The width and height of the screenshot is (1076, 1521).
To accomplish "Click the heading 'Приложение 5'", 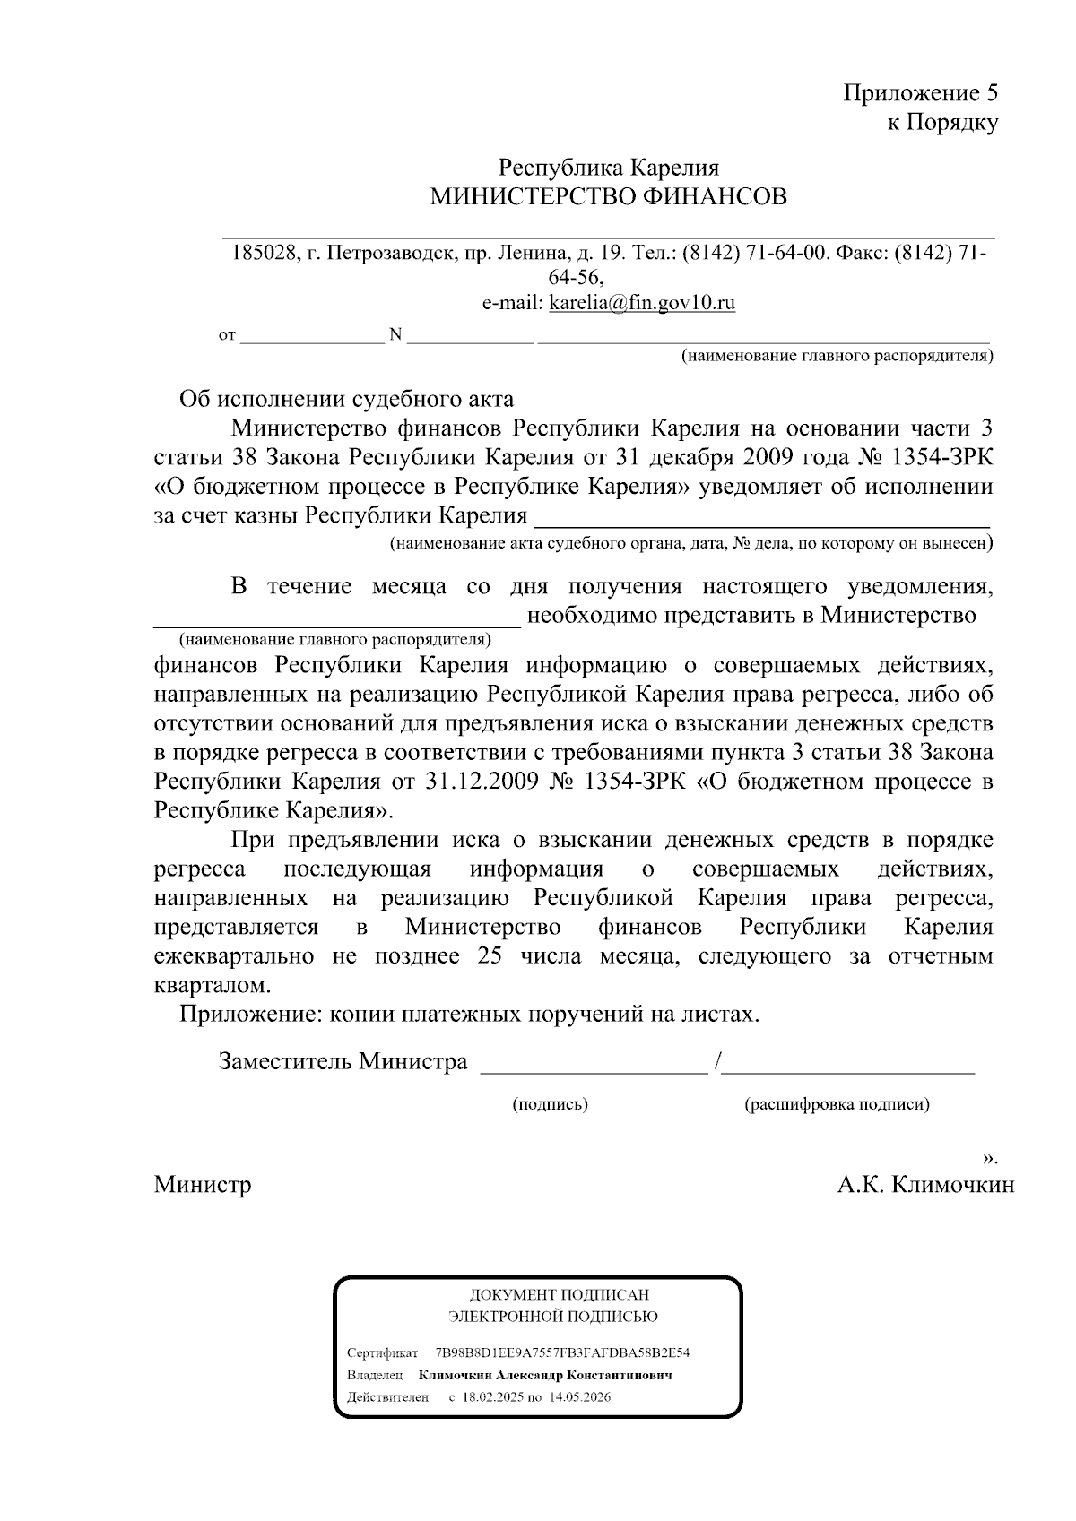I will [920, 93].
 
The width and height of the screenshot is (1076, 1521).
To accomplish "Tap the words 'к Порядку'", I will [942, 123].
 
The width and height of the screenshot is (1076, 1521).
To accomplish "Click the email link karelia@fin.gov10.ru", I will [642, 303].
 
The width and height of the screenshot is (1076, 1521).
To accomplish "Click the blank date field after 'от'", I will [311, 336].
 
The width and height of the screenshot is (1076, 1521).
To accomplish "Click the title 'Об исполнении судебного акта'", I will [346, 399].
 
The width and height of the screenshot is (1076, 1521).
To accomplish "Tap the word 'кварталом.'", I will [212, 986].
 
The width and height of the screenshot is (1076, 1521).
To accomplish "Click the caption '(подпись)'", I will [550, 1104].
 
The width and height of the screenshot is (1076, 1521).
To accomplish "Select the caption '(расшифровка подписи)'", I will [837, 1104].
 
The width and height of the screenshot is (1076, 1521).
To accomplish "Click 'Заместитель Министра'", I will [343, 1062].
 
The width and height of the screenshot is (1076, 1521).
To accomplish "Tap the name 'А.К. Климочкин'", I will [925, 1185].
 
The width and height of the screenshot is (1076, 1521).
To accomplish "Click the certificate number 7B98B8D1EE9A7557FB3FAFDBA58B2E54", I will [562, 1352].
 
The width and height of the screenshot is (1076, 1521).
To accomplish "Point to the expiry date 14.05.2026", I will [580, 1397].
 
